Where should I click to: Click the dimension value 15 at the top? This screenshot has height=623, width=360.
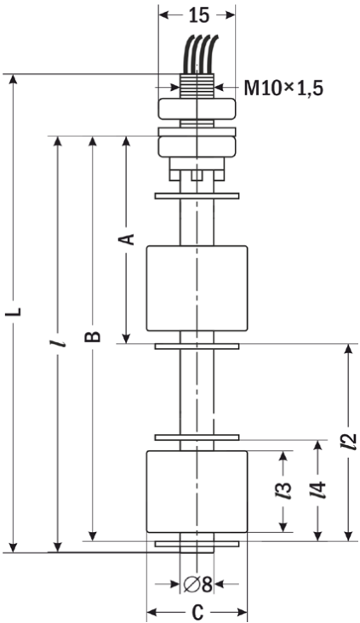click(x=198, y=15)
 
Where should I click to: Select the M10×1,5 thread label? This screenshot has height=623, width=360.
click(x=283, y=89)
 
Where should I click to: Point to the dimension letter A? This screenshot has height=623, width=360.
click(x=126, y=239)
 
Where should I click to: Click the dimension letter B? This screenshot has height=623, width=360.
click(x=93, y=335)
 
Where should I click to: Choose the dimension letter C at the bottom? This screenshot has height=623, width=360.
click(x=197, y=612)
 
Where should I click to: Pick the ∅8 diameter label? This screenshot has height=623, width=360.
click(x=197, y=584)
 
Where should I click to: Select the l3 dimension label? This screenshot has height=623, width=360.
click(x=283, y=491)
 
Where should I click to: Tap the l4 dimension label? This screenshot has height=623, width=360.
click(x=317, y=490)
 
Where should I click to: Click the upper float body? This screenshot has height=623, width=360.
click(x=197, y=288)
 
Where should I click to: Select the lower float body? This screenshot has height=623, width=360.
click(x=197, y=491)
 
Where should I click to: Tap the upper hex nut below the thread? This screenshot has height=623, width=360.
click(x=197, y=109)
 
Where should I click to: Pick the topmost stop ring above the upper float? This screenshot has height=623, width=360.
click(x=197, y=196)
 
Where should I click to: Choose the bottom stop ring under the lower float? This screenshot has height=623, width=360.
click(x=197, y=544)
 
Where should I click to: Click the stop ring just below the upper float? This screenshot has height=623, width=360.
click(x=197, y=346)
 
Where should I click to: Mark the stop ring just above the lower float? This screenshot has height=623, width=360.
click(x=197, y=437)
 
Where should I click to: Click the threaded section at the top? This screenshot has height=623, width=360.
click(x=197, y=86)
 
